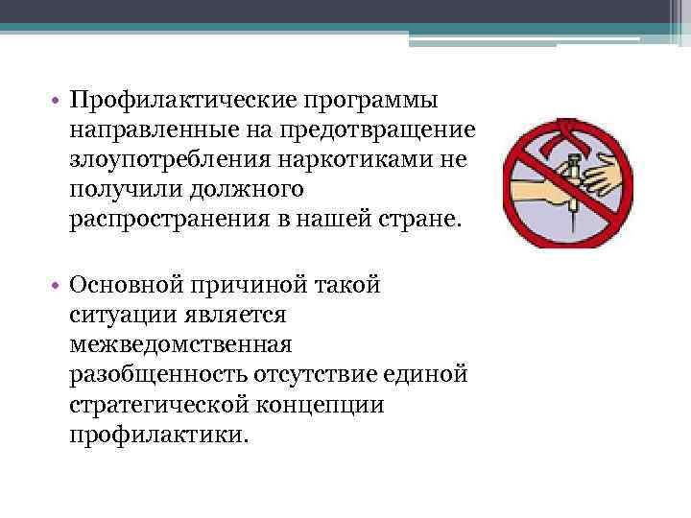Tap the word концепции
(x=331, y=404)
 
